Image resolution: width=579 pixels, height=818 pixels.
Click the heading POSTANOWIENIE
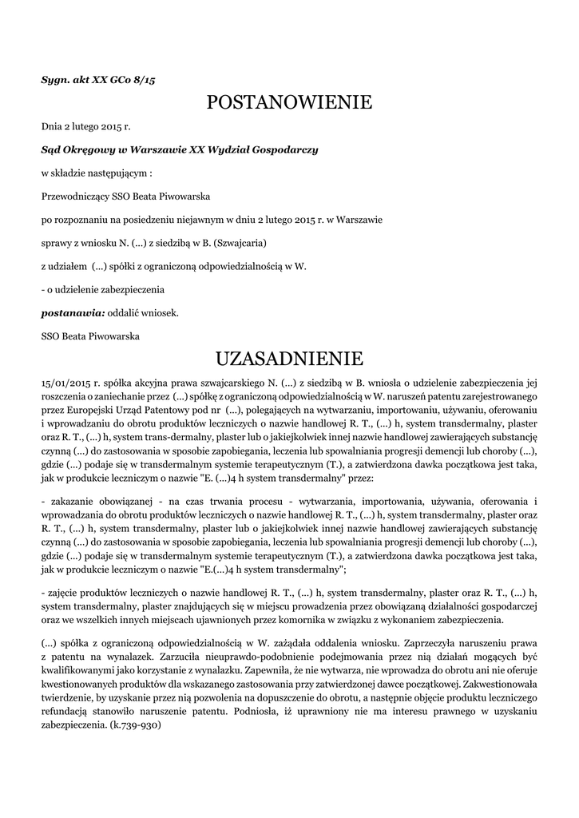289,102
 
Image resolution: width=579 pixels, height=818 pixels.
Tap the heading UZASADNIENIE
289,356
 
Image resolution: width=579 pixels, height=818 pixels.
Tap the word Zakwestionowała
504,685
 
